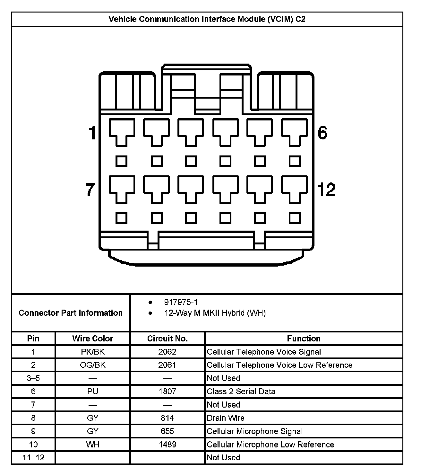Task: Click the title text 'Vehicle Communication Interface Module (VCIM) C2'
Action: click(207, 19)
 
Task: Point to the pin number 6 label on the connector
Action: click(322, 132)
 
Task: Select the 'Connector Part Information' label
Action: click(71, 313)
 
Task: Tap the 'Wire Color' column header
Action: click(92, 339)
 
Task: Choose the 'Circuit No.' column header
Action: click(167, 339)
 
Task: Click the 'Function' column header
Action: click(304, 339)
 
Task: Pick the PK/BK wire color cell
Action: click(92, 352)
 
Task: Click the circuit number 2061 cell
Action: click(167, 365)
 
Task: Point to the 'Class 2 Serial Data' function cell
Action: click(241, 391)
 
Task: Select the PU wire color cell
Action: click(92, 391)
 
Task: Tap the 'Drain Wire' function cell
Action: click(226, 418)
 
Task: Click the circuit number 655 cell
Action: click(167, 431)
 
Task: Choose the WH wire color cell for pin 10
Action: click(92, 445)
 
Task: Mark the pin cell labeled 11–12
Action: click(33, 457)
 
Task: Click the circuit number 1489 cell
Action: click(167, 445)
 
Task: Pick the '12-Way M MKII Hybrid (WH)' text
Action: click(215, 313)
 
